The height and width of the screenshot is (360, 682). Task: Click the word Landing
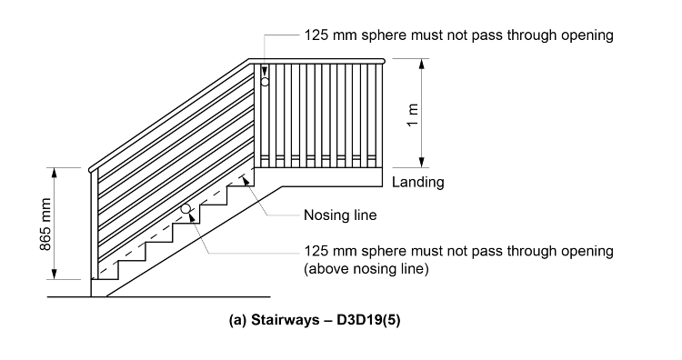417,182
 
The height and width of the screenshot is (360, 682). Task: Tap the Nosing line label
339,216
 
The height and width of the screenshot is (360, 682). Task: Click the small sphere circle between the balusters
265,82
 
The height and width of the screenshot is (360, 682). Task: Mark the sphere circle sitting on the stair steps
186,209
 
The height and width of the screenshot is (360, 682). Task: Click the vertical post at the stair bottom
94,227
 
